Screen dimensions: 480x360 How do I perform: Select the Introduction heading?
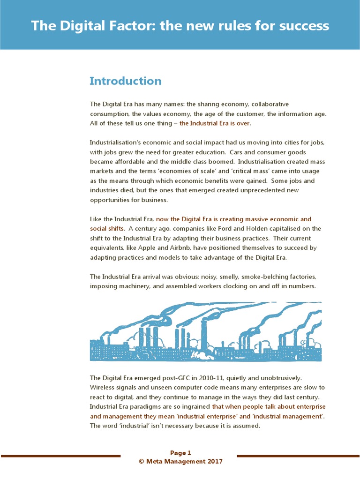click(x=125, y=81)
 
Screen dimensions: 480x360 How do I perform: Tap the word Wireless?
click(x=102, y=387)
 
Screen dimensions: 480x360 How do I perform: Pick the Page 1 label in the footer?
click(x=180, y=453)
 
